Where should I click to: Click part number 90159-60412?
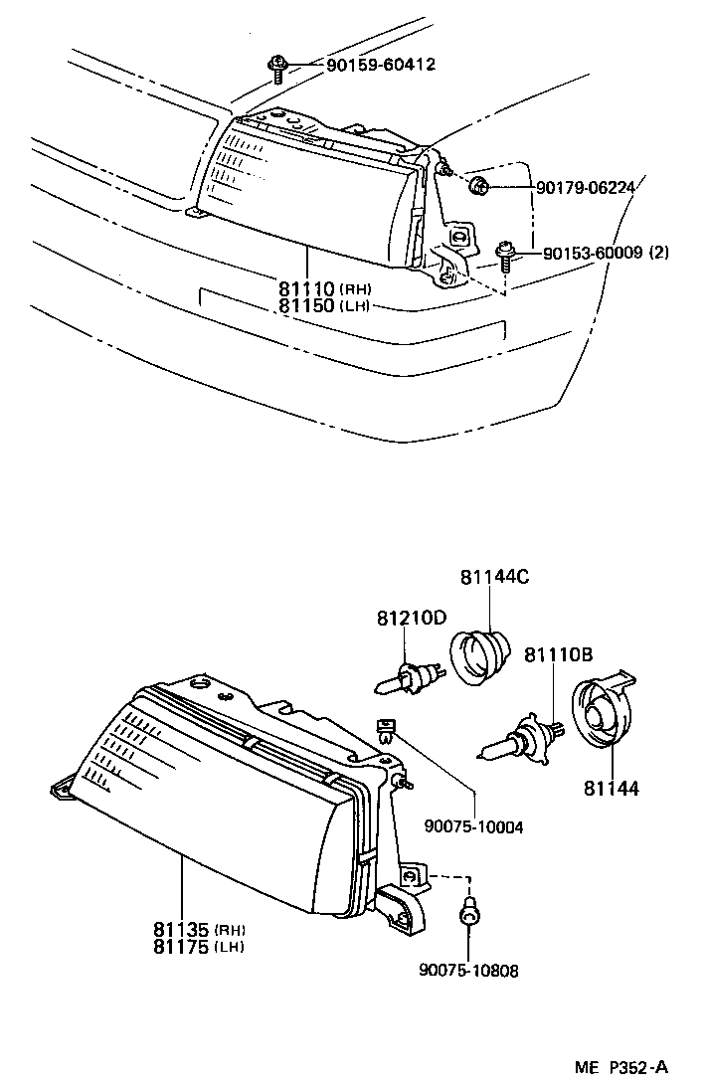[367, 66]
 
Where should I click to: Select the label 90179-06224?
[586, 186]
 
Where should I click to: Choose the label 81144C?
[494, 578]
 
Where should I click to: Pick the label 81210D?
[412, 618]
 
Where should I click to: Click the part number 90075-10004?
[473, 825]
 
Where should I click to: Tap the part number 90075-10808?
[469, 970]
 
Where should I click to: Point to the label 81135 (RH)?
[199, 930]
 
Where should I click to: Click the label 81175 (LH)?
[199, 947]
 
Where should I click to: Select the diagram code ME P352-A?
[620, 1068]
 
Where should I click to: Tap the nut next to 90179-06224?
[478, 184]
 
